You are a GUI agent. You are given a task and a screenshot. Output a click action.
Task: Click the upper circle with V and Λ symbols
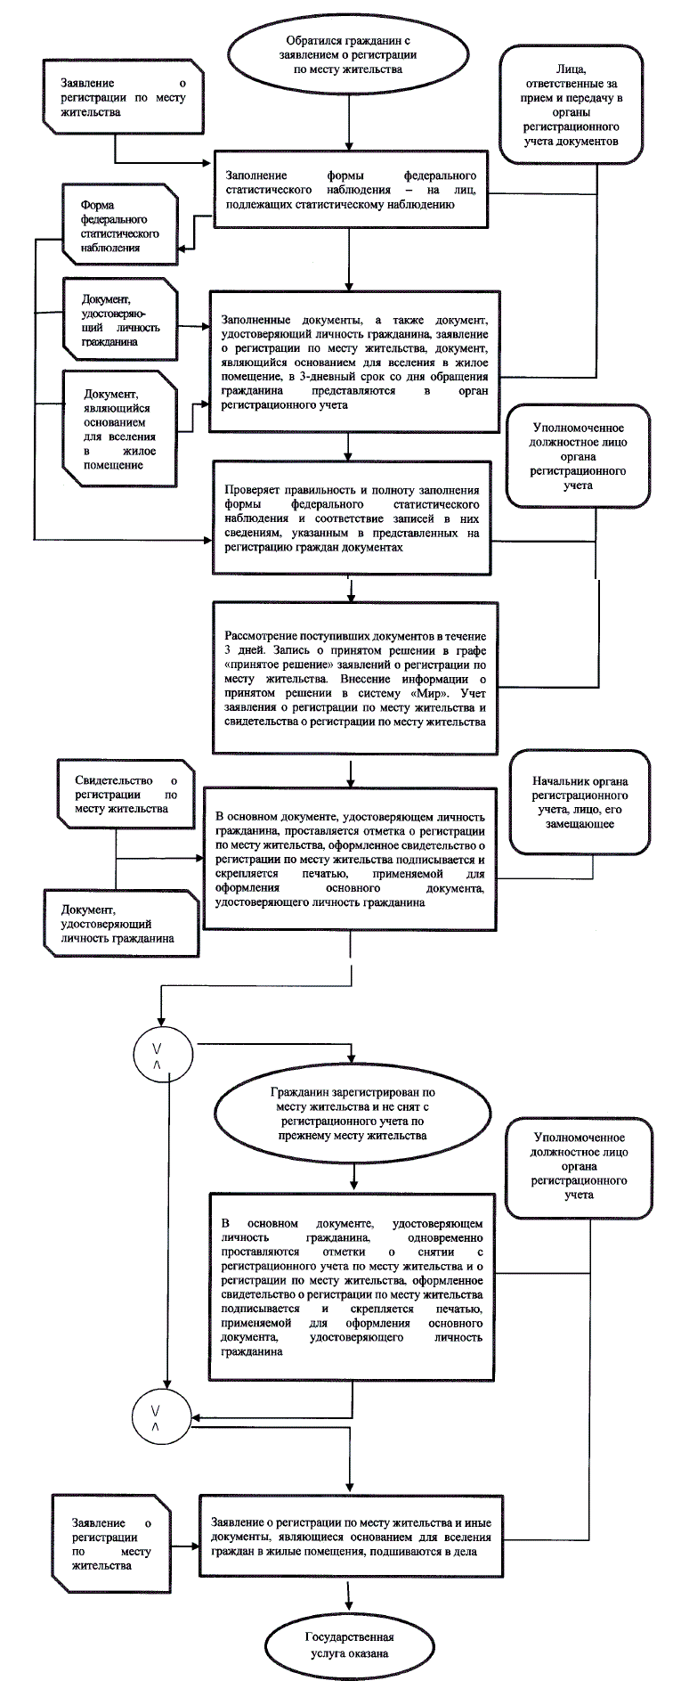coord(157,1057)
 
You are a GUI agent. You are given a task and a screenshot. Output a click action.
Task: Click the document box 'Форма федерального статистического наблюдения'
coord(119,224)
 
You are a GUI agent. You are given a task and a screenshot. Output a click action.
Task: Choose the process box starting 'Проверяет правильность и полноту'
coord(352,518)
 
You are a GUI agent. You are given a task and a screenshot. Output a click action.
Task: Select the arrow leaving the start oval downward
coord(349,125)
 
